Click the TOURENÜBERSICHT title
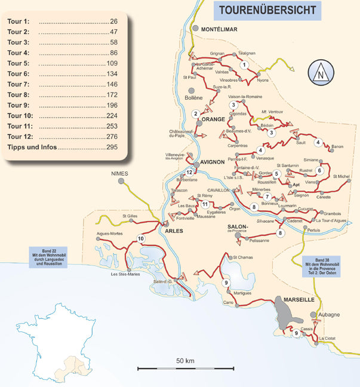pyautogui.click(x=267, y=10)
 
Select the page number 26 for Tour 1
pyautogui.click(x=113, y=21)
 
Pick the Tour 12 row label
pyautogui.click(x=19, y=137)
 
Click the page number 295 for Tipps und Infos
pyautogui.click(x=111, y=148)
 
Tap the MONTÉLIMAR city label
pyautogui.click(x=220, y=29)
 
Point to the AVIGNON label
pyautogui.click(x=212, y=162)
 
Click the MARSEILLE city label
pyautogui.click(x=300, y=298)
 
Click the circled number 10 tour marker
pyautogui.click(x=141, y=239)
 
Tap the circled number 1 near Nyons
pyautogui.click(x=244, y=65)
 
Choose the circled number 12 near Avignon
pyautogui.click(x=189, y=173)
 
